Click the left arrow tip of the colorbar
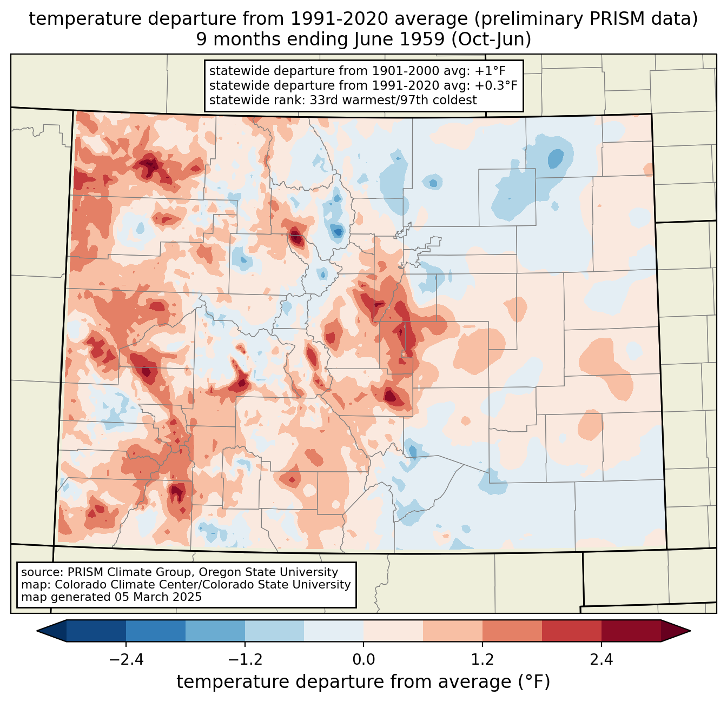(37, 631)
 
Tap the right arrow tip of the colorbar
(690, 631)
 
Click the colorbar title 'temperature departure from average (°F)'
(363, 681)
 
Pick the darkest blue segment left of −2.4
(96, 631)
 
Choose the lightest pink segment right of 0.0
(393, 631)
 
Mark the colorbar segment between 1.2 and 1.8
(512, 631)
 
